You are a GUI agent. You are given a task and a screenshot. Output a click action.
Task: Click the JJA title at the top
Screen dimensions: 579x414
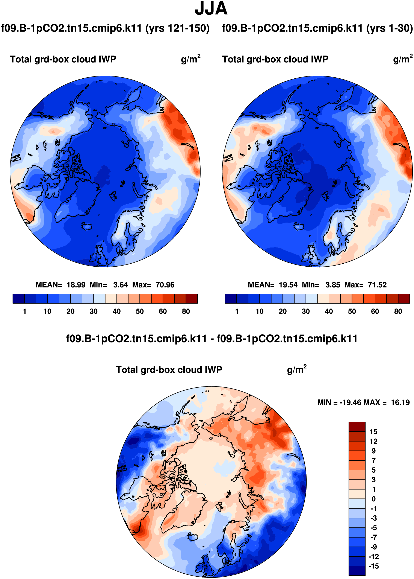coord(211,9)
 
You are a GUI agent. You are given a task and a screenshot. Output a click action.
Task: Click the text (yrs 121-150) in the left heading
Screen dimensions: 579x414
coord(177,28)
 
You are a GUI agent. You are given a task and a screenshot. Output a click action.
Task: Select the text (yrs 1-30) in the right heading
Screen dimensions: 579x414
coord(390,28)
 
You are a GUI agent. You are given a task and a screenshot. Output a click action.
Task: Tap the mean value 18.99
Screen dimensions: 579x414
coord(76,285)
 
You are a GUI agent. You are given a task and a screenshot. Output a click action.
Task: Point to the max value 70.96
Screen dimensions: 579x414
coord(165,285)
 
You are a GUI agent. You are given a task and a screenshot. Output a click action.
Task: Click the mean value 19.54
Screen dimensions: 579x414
coord(288,285)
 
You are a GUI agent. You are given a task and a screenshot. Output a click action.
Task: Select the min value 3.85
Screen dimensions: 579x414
coord(333,285)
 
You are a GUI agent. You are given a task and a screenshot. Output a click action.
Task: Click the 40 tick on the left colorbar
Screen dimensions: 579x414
coord(116,311)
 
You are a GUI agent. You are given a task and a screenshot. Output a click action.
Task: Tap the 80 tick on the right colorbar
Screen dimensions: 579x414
coord(398,311)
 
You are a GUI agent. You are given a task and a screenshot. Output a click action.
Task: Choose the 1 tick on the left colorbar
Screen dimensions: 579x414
coord(24,311)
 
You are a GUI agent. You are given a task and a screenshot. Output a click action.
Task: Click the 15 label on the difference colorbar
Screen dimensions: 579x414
coord(373,432)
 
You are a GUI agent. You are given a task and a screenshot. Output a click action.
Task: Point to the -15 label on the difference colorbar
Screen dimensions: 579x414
coord(373,566)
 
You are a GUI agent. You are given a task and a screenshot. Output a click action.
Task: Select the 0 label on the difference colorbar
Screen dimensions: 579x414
coord(373,499)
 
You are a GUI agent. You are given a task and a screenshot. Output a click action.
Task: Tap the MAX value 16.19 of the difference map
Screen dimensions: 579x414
coord(400,403)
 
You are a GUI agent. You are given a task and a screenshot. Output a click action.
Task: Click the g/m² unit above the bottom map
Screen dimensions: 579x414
coord(296,370)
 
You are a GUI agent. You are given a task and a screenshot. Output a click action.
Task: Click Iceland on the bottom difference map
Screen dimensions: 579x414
coord(193,538)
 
